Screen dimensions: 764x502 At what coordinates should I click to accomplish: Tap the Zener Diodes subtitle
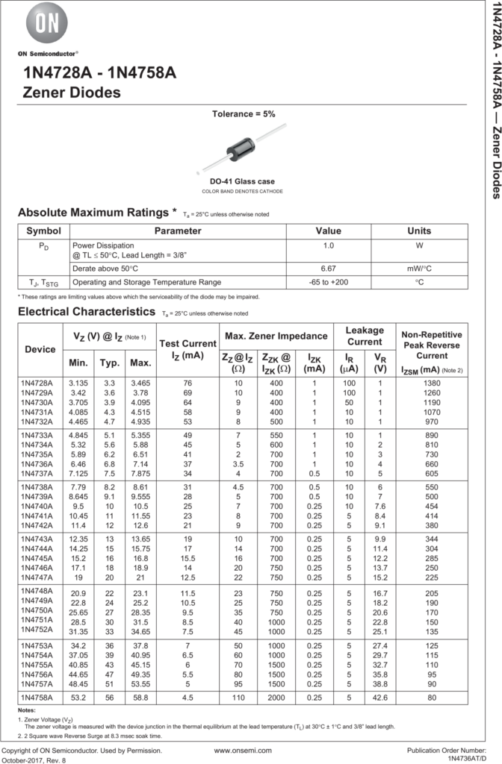click(x=72, y=93)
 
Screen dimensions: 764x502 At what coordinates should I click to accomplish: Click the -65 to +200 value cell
click(x=327, y=283)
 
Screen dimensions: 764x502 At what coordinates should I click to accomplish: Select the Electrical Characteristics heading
click(x=87, y=310)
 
